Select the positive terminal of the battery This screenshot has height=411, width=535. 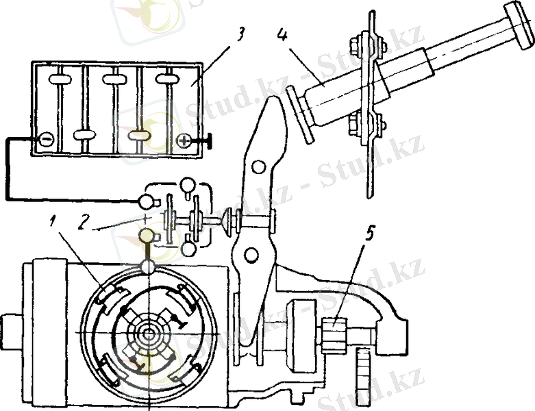click(184, 141)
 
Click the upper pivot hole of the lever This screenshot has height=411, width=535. click(258, 167)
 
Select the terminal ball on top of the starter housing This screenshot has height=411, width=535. click(148, 266)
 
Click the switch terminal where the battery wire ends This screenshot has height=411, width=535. click(147, 201)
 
